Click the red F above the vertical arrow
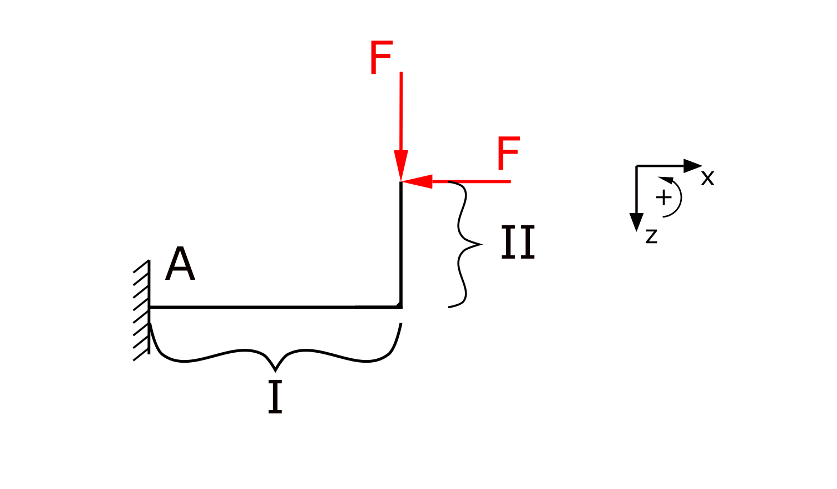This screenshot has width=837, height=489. [382, 58]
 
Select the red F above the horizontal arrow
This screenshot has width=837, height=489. [508, 154]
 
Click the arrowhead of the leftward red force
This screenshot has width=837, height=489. [418, 181]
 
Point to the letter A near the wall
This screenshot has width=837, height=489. [180, 265]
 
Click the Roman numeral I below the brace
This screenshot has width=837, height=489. [275, 397]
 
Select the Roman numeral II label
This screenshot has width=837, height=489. [518, 243]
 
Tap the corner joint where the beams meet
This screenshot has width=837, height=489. [400, 306]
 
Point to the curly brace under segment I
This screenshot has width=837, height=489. [275, 356]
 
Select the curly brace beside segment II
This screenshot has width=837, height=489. [463, 244]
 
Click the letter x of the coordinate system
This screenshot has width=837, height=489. [707, 178]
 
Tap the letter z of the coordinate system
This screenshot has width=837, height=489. [652, 236]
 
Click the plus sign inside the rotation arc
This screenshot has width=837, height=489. [663, 197]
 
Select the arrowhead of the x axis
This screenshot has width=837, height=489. [693, 165]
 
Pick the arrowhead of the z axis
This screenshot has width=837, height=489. [636, 223]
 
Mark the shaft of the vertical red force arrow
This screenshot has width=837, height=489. [401, 111]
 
